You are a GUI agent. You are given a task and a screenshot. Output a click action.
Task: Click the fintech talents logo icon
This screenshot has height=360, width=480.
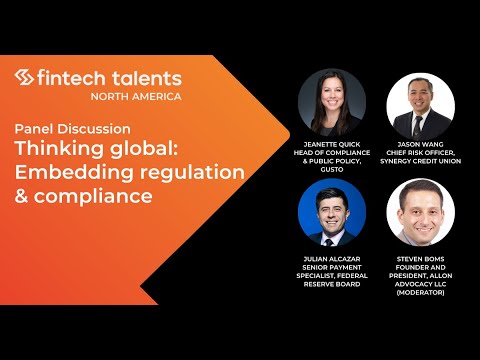tap(25, 78)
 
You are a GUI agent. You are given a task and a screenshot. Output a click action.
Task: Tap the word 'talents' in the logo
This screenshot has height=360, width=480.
tap(145, 77)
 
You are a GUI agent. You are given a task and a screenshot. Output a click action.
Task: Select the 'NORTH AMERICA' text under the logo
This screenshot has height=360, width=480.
tap(136, 96)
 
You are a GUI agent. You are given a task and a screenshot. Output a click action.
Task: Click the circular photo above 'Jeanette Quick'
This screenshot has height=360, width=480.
tap(332, 103)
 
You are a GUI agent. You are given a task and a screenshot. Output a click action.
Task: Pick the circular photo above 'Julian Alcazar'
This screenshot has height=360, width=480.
tap(332, 212)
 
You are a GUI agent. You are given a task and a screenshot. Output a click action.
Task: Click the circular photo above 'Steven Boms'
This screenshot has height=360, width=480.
tap(420, 212)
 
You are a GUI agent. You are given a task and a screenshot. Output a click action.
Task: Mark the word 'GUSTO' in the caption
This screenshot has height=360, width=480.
tap(332, 169)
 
